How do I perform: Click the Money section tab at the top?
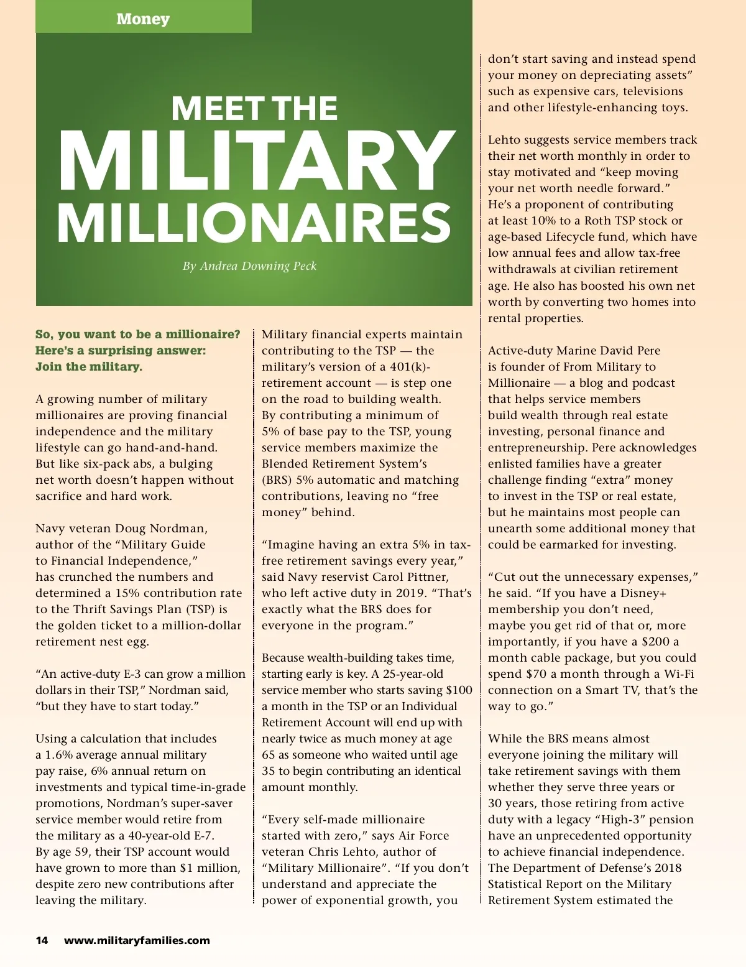[x=143, y=19]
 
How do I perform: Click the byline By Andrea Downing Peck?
[x=249, y=266]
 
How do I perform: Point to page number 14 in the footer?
[x=42, y=940]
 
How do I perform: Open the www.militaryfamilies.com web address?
[x=137, y=940]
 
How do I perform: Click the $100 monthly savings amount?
[x=459, y=690]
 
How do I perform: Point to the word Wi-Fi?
[x=679, y=674]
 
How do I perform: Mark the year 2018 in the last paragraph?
[x=668, y=868]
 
